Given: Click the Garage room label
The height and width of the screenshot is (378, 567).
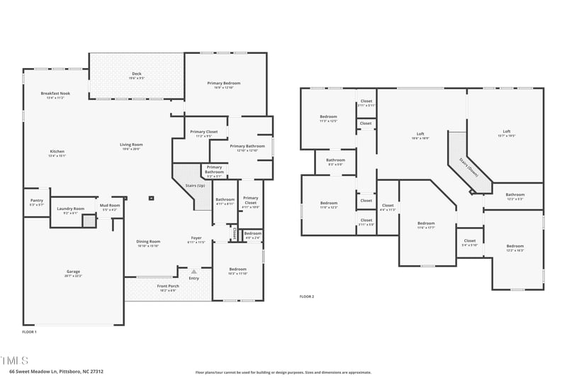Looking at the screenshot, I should click(74, 272).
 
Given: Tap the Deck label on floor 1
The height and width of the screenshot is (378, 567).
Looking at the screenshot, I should click(137, 74).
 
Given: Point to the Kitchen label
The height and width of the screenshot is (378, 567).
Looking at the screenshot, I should click(57, 151).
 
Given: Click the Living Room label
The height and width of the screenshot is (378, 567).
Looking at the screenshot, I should click(131, 145).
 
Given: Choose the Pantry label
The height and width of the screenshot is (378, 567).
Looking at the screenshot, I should click(37, 201).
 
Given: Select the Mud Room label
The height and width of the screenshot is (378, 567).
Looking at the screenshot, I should click(109, 206).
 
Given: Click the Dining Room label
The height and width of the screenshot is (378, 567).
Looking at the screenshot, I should click(148, 242).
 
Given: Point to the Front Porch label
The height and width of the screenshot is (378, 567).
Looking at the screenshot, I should click(168, 286).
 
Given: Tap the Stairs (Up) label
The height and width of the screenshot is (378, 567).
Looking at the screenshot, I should click(196, 185).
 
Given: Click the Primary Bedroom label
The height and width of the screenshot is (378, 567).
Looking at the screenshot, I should click(225, 84).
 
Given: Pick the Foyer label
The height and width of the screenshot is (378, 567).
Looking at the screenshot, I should click(196, 238).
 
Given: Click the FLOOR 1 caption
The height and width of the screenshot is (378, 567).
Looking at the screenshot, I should click(29, 331).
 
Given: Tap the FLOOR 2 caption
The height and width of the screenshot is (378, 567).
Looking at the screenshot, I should click(306, 296).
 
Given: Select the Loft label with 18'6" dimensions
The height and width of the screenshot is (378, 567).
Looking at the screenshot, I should click(420, 134).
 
